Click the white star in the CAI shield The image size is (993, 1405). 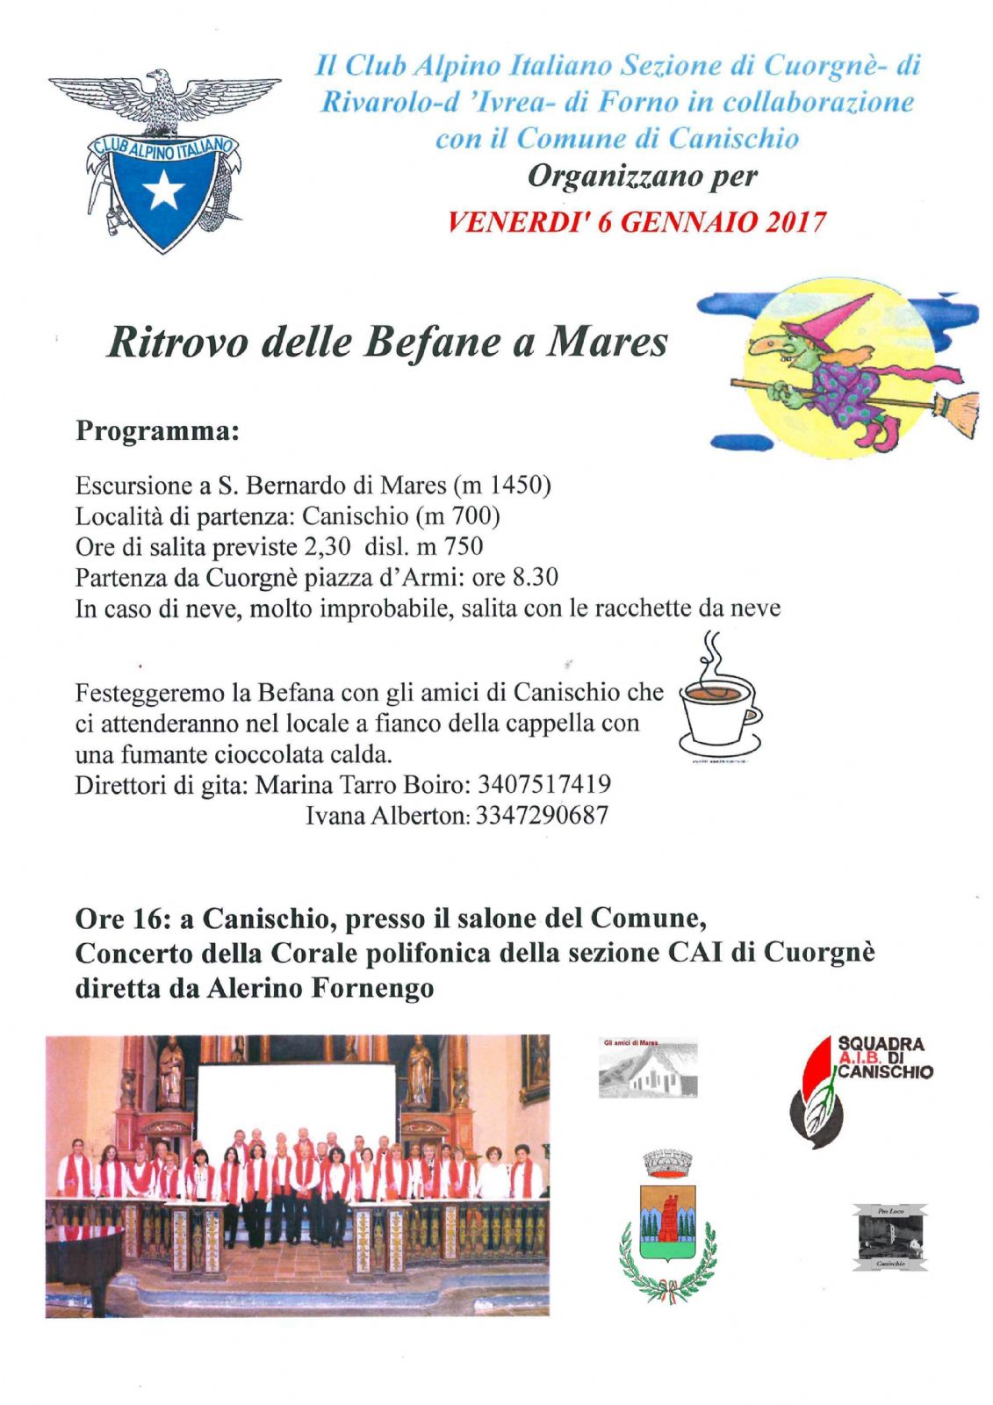point(163,190)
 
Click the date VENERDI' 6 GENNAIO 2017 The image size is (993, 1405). point(636,221)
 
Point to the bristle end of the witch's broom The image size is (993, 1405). point(956,413)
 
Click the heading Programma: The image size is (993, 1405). point(157,431)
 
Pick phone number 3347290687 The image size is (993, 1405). point(542,816)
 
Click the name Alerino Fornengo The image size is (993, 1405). point(320,988)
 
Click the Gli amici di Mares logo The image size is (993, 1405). point(647,1068)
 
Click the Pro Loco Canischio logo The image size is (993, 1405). point(889,1237)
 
